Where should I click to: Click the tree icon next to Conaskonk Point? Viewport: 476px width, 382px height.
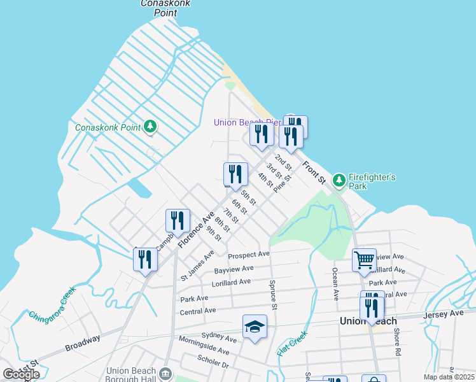click(150, 127)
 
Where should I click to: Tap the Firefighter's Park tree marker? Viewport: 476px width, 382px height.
click(339, 181)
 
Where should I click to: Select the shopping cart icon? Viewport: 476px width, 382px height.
click(364, 260)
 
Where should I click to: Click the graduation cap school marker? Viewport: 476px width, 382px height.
click(255, 327)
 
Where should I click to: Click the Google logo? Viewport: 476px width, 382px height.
click(21, 374)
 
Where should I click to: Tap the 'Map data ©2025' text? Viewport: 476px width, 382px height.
click(448, 377)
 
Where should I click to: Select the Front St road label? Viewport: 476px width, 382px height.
click(314, 173)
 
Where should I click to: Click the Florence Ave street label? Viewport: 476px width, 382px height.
click(195, 230)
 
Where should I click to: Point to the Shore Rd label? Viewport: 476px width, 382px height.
click(396, 342)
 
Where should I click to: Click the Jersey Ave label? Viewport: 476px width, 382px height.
click(449, 313)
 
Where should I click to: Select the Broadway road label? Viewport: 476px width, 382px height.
click(82, 344)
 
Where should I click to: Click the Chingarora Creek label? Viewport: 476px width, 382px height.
click(52, 305)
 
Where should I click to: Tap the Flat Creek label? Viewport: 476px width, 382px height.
click(293, 343)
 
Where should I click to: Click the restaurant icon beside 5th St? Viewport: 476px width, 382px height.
click(235, 174)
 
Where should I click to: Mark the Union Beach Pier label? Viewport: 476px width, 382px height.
click(247, 122)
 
